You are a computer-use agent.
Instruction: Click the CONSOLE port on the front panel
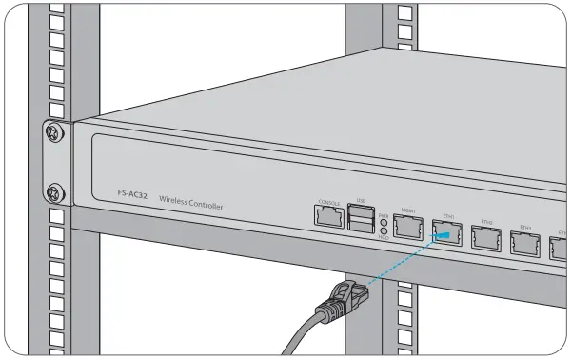(x=329, y=216)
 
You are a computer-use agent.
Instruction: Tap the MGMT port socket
(x=407, y=227)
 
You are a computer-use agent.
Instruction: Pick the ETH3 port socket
(x=525, y=245)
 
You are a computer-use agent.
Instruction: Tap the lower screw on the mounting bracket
(x=54, y=190)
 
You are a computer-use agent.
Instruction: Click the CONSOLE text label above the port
(x=329, y=203)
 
